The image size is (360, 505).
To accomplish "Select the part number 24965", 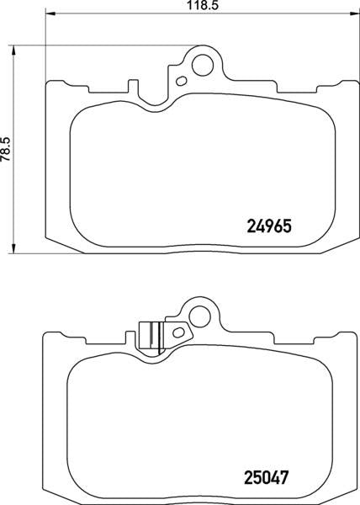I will click(268, 226).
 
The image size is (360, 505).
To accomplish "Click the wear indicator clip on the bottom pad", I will click(149, 334).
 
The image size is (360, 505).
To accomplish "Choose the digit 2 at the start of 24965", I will click(250, 226).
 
